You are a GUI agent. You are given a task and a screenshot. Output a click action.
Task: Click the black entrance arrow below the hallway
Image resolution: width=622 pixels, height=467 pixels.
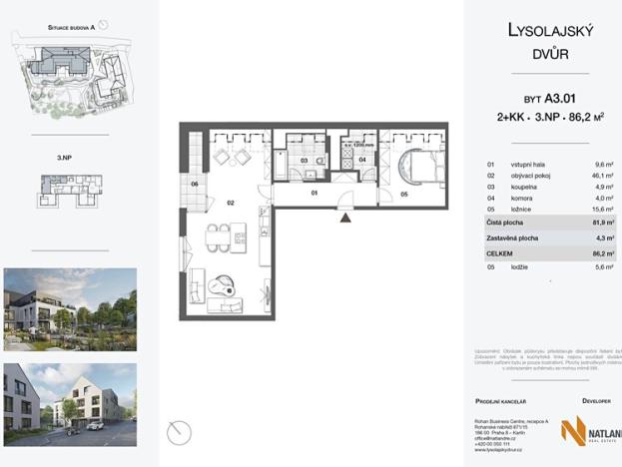click(344, 215)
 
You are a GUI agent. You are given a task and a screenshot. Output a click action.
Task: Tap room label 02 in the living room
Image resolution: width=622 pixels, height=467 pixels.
click(231, 203)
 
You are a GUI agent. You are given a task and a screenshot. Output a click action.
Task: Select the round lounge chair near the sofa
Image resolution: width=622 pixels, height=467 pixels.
click(226, 283)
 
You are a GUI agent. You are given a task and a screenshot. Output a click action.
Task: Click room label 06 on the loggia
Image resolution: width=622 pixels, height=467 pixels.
click(196, 185)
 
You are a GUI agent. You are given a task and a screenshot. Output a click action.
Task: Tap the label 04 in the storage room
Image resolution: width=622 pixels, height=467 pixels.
click(363, 160)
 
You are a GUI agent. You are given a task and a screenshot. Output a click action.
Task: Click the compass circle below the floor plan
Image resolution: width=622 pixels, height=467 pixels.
click(179, 431)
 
